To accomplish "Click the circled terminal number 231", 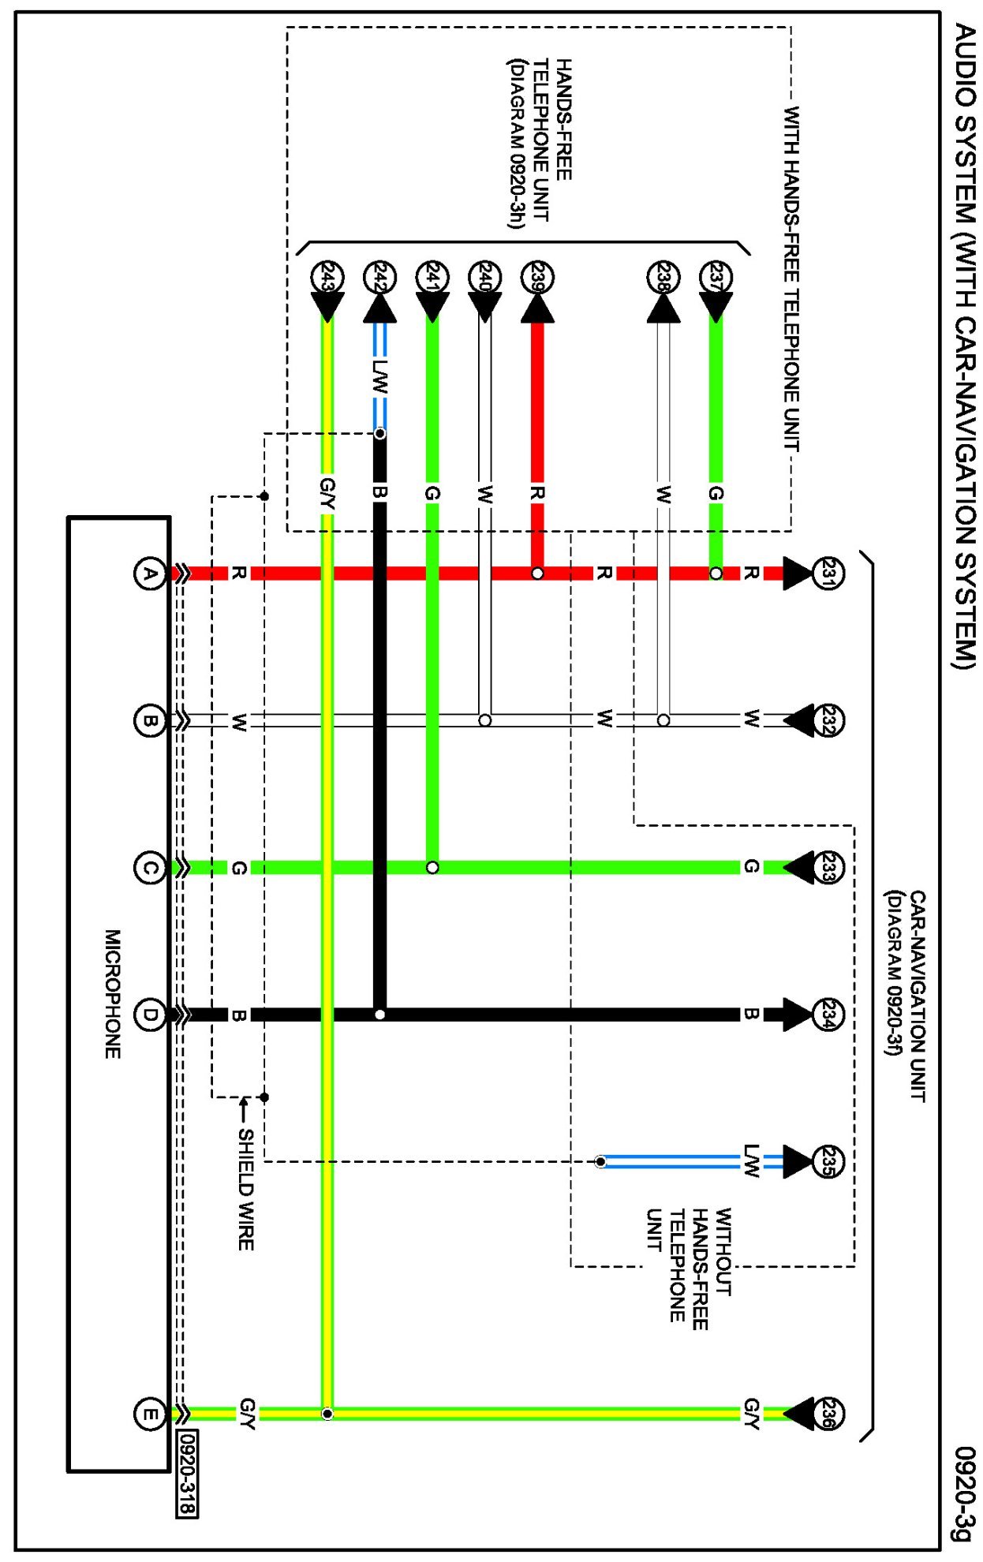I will [x=828, y=573].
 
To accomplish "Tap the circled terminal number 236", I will [x=828, y=1414].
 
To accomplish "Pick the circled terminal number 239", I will [x=537, y=278].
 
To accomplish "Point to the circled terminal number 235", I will [x=828, y=1161].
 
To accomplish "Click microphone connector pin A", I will [x=149, y=574].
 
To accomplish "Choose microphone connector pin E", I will [x=149, y=1414].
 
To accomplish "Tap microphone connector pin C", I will [x=149, y=868].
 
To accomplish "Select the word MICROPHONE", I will [x=113, y=993].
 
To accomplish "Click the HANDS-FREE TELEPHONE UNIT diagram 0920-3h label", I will [x=540, y=143].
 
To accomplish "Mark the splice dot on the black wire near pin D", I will [x=379, y=1015].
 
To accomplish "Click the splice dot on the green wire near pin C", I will [x=432, y=868].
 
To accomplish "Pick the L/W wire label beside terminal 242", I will [x=379, y=377].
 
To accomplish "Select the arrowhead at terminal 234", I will [x=797, y=1015].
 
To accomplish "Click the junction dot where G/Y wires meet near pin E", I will [x=327, y=1414].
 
